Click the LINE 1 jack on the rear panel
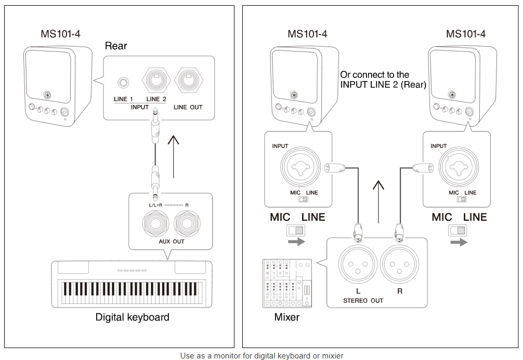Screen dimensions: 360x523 pyautogui.click(x=124, y=83)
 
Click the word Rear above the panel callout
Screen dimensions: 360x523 pyautogui.click(x=116, y=46)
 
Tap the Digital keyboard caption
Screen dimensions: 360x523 pyautogui.click(x=132, y=317)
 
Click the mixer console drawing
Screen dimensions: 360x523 pyautogui.click(x=286, y=283)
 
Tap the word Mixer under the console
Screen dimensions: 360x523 pyautogui.click(x=286, y=317)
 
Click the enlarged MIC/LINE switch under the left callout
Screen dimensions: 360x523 pyautogui.click(x=296, y=230)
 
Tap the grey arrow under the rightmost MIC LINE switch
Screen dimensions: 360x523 pyautogui.click(x=459, y=242)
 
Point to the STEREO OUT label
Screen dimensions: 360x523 pyautogui.click(x=363, y=301)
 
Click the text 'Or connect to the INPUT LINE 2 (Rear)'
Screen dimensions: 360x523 pyautogui.click(x=383, y=79)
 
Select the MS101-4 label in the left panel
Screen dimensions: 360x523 pyautogui.click(x=60, y=34)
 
